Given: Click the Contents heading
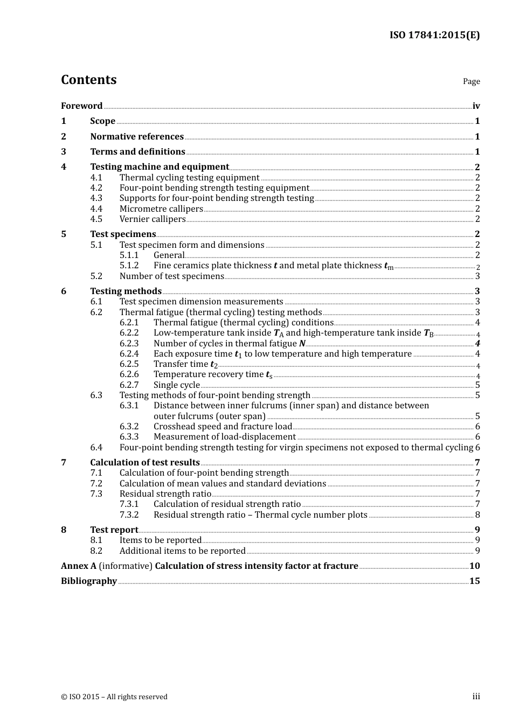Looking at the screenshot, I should click(88, 80).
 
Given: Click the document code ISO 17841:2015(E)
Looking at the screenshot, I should click(434, 36).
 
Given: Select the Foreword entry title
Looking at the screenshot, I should click(81, 106).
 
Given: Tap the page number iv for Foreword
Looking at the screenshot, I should click(476, 106).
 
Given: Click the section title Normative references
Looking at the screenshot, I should click(137, 137).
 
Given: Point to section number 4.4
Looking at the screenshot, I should click(96, 209).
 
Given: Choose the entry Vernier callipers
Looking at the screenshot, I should click(153, 219).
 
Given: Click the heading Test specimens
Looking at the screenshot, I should click(123, 234).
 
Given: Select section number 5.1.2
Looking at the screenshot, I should click(129, 266).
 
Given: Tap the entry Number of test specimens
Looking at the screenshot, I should click(171, 276).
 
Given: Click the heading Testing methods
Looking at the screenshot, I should click(126, 291).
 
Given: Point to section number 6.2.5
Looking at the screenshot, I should click(129, 364).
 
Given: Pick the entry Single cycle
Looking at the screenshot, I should click(177, 385).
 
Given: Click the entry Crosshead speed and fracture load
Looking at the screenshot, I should click(223, 427).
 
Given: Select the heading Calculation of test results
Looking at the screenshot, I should click(145, 463).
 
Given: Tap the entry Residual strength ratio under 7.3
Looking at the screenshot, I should click(165, 494).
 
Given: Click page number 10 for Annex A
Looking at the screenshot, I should click(474, 566).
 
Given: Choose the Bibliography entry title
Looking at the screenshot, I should click(89, 581).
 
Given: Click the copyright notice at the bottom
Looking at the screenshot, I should click(114, 697).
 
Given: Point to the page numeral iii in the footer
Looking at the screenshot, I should click(476, 697).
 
